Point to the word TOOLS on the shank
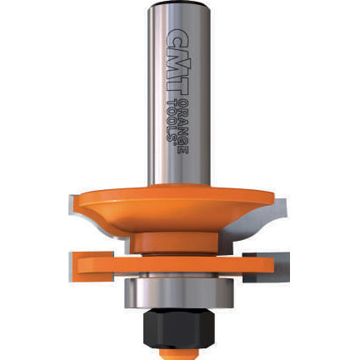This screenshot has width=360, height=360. (x=172, y=120)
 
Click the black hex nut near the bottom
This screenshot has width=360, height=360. (x=179, y=327)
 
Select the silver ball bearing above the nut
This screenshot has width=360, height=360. (x=179, y=292)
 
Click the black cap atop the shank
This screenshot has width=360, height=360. (x=178, y=4)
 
